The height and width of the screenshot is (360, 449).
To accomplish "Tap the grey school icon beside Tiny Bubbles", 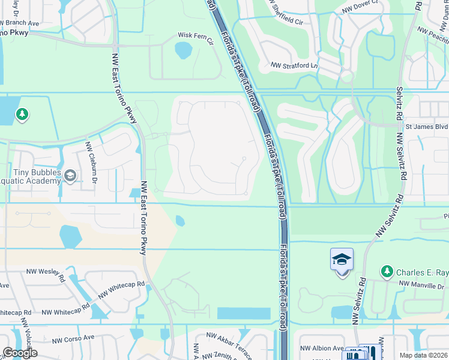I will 70,176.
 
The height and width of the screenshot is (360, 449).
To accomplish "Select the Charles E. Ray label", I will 421,272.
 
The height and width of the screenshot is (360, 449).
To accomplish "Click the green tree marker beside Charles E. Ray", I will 387,272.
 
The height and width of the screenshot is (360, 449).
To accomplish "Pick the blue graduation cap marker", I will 342,260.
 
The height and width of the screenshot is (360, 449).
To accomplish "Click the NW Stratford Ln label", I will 293,65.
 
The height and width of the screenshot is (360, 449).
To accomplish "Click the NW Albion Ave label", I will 322,348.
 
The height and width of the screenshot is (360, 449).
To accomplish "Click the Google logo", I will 20,353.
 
